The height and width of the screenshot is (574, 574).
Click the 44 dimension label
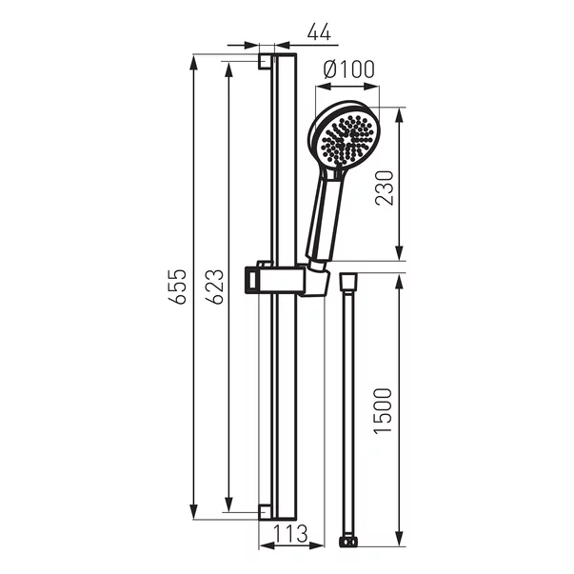pos(319,31)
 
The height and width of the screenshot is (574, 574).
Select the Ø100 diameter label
pos(349,69)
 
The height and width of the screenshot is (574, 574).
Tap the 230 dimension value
pos(385,188)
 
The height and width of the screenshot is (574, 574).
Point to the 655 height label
pos(178,287)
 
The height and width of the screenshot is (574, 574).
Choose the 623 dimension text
pos(214,287)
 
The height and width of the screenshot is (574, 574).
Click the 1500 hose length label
pos(383,411)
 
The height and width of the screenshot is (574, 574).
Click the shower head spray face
pos(346,140)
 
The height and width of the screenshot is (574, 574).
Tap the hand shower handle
pos(325,218)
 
